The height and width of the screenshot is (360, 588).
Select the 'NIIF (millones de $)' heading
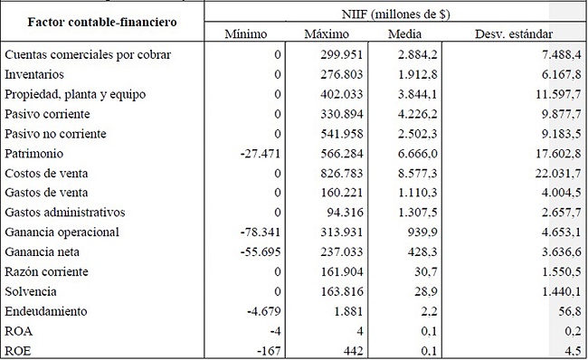394,13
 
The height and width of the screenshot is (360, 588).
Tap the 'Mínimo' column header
248,34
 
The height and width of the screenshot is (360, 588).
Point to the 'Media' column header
401,34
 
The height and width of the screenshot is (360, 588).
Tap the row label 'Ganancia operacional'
60,232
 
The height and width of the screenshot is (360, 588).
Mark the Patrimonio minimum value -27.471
260,153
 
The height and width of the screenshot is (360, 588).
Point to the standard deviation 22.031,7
553,173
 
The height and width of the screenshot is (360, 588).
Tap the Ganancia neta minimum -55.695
260,251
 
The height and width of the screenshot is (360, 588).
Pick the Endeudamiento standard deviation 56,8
566,310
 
